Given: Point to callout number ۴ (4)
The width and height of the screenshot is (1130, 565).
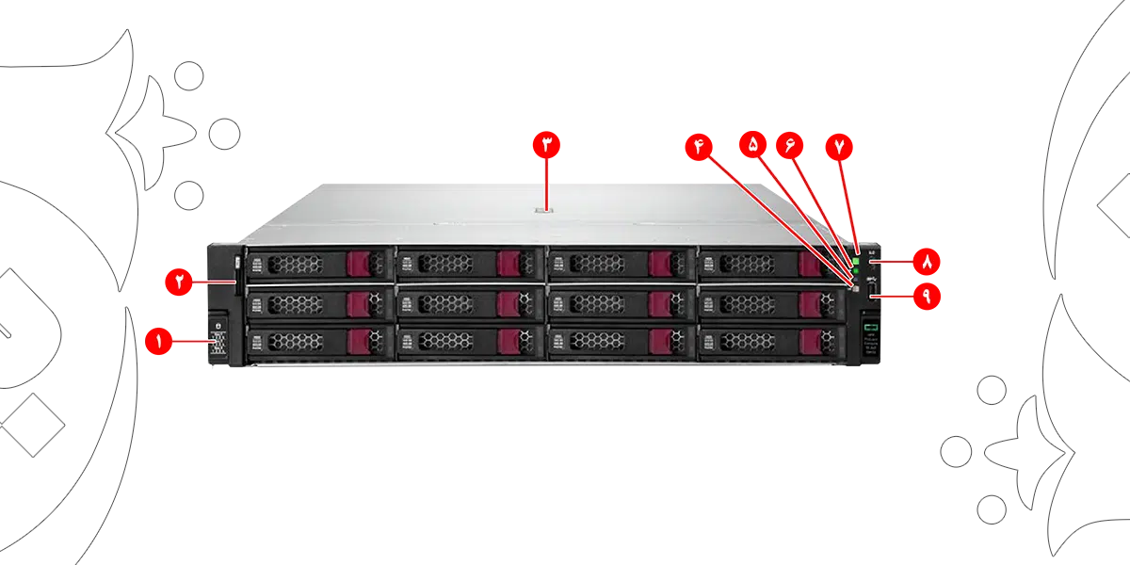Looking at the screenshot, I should point(701,146).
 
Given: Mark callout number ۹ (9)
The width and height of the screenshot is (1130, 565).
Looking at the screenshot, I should point(926,297).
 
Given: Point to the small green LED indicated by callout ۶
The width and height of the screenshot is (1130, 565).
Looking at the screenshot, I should point(856,269).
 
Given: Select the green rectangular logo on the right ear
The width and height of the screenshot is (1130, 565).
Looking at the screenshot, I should point(871,326).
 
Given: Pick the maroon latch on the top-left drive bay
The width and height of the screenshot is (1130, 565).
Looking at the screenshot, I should point(359,263).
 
